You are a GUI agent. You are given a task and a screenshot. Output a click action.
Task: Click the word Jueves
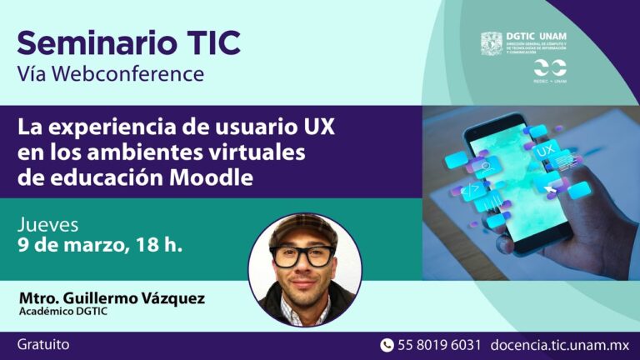tap(48, 225)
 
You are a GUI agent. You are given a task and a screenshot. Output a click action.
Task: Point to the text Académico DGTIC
tap(63, 312)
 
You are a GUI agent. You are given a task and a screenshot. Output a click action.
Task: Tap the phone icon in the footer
tap(387, 345)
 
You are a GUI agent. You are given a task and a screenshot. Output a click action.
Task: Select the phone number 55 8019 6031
tap(440, 345)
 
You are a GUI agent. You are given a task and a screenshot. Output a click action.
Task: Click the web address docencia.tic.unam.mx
tap(561, 345)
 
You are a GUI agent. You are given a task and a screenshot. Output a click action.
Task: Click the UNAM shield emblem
tap(492, 43)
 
